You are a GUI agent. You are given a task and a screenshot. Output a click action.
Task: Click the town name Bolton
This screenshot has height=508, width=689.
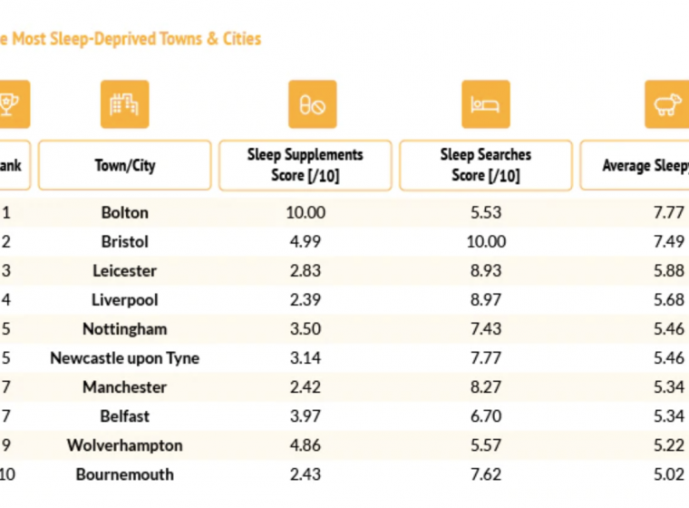[124, 213]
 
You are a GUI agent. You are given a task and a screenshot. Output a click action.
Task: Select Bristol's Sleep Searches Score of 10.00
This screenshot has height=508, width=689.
[485, 242]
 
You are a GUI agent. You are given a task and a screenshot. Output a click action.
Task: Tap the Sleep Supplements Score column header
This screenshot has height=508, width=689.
[305, 165]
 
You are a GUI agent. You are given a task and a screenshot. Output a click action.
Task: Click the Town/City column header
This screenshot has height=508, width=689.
[124, 165]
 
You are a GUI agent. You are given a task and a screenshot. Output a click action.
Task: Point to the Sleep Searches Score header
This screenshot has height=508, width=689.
[485, 165]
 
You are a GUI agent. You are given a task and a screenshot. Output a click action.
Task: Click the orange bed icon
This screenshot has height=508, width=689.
[485, 104]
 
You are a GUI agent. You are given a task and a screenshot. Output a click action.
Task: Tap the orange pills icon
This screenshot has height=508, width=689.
[312, 104]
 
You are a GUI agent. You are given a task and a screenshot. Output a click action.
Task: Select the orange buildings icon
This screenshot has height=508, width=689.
[124, 104]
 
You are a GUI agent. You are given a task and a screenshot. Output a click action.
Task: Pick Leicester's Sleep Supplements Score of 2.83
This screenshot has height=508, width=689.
[305, 271]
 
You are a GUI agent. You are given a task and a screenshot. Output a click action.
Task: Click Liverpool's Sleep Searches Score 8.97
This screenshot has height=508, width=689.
[485, 300]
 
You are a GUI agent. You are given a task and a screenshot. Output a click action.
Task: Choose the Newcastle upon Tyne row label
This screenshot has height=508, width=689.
[124, 358]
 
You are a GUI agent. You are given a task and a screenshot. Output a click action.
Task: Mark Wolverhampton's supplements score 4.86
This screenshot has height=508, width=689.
[305, 445]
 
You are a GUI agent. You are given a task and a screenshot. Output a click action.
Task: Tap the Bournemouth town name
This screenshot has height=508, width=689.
[124, 474]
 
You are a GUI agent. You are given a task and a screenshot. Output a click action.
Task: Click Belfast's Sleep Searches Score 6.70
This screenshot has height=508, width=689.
[485, 416]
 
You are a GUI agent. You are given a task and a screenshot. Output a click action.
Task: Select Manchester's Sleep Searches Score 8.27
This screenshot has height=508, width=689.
[485, 387]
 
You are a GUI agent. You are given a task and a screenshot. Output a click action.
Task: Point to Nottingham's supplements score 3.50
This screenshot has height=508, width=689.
[305, 329]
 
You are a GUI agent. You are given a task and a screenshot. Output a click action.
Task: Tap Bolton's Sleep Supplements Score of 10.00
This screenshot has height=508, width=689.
[305, 213]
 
